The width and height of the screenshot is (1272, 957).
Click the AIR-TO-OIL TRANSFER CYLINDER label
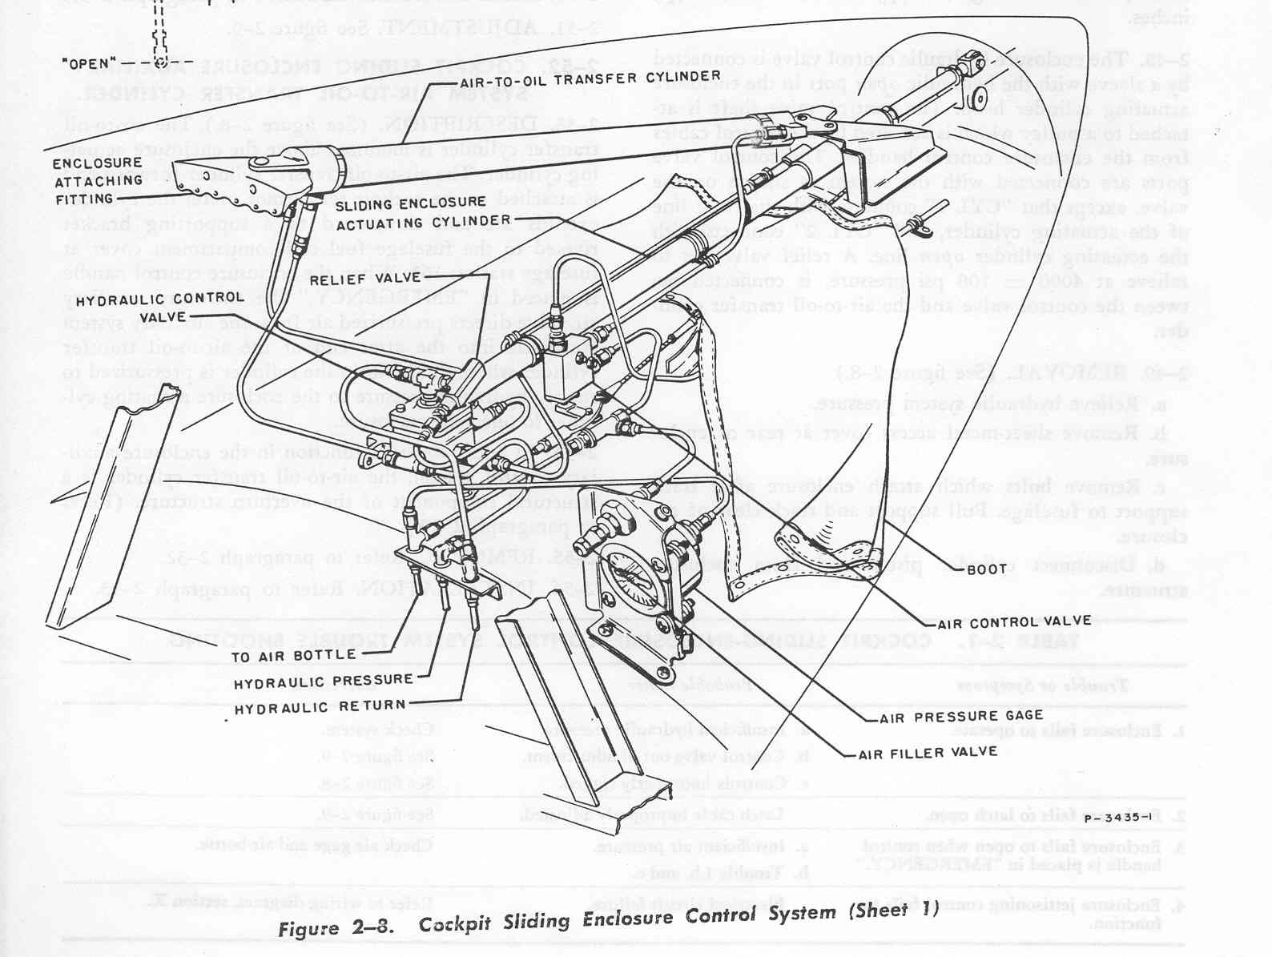tap(590, 78)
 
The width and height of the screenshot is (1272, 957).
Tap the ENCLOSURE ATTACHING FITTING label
tap(97, 181)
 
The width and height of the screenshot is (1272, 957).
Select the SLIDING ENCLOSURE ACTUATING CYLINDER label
tap(422, 211)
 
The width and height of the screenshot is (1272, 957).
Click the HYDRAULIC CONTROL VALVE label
tap(159, 306)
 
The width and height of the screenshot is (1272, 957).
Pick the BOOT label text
tap(986, 569)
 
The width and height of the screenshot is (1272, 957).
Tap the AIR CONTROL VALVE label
tap(1013, 621)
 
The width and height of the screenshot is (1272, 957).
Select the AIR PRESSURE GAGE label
tap(961, 716)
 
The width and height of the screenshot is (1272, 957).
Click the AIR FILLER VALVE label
tap(928, 753)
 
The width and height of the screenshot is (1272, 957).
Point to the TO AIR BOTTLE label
tap(294, 655)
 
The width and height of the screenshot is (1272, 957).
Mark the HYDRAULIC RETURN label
tap(320, 706)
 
